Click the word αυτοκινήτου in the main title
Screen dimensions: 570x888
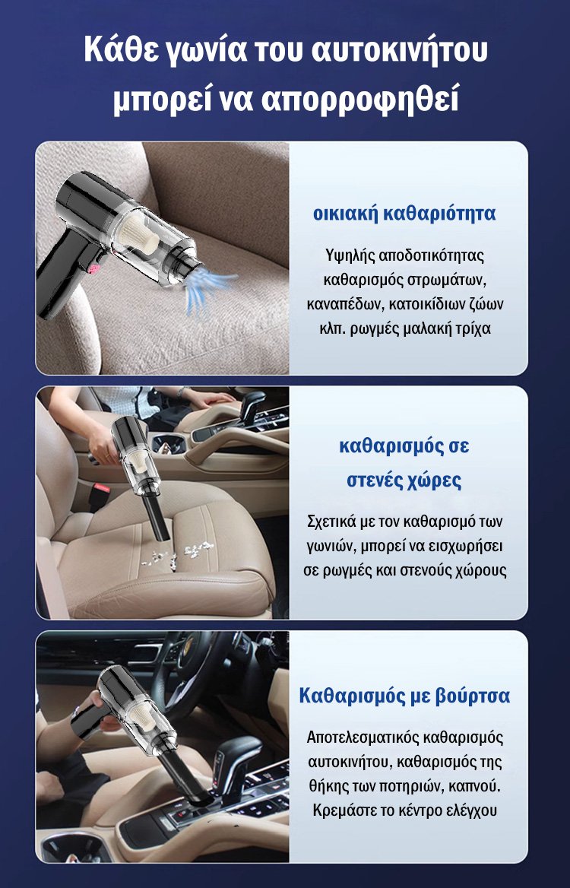400,50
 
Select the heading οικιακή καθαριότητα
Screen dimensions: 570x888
404,214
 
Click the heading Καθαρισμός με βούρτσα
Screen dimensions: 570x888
404,696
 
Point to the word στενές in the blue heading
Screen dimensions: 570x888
375,480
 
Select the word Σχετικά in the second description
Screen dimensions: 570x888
331,522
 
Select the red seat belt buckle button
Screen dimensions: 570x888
100,487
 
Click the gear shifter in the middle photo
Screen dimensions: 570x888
250,405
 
